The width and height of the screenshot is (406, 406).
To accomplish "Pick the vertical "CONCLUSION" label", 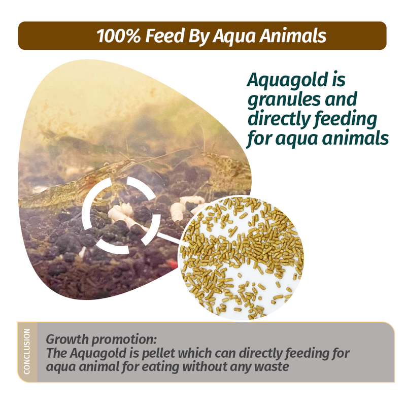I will (27, 351).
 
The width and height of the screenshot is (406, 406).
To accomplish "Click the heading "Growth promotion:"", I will (101, 339).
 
